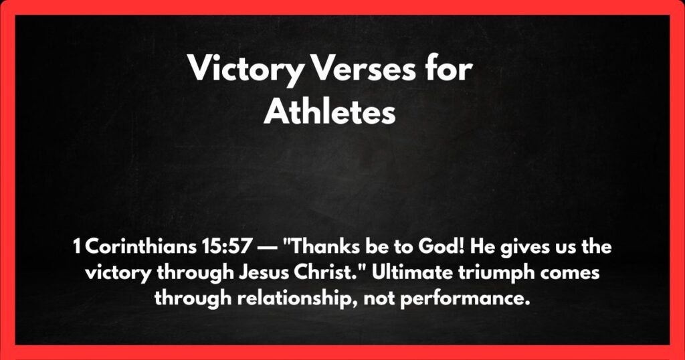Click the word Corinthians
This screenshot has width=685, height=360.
click(135, 248)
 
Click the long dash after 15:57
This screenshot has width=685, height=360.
click(262, 248)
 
